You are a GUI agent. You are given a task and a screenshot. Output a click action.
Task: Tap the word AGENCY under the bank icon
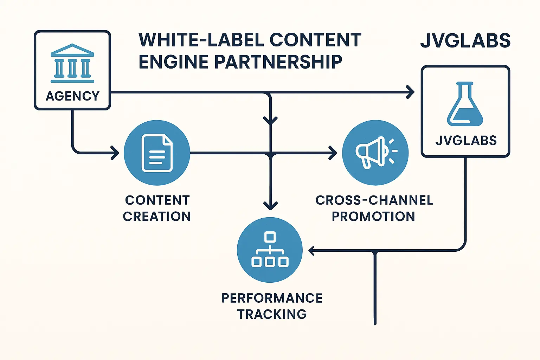click(x=72, y=96)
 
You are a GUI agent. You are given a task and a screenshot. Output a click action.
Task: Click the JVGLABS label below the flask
click(x=466, y=141)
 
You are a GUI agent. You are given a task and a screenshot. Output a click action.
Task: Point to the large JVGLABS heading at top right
click(x=465, y=41)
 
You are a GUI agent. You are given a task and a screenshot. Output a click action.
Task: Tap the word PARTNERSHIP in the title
click(x=278, y=62)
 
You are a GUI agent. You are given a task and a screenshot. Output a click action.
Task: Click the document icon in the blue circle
click(x=157, y=153)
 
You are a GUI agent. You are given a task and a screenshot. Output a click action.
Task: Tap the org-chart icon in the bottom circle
click(x=270, y=250)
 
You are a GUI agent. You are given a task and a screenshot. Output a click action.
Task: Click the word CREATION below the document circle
click(x=157, y=216)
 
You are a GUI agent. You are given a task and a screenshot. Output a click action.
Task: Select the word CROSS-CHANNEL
click(x=374, y=200)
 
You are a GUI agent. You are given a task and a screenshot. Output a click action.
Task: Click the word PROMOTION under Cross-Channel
click(x=373, y=216)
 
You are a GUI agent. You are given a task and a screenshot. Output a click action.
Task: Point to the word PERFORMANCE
click(x=272, y=298)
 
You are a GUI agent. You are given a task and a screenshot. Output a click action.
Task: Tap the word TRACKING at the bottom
click(x=272, y=314)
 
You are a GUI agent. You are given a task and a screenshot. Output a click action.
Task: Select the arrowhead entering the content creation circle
click(x=115, y=153)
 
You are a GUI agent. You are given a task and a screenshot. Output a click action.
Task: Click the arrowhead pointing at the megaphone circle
click(x=333, y=153)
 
